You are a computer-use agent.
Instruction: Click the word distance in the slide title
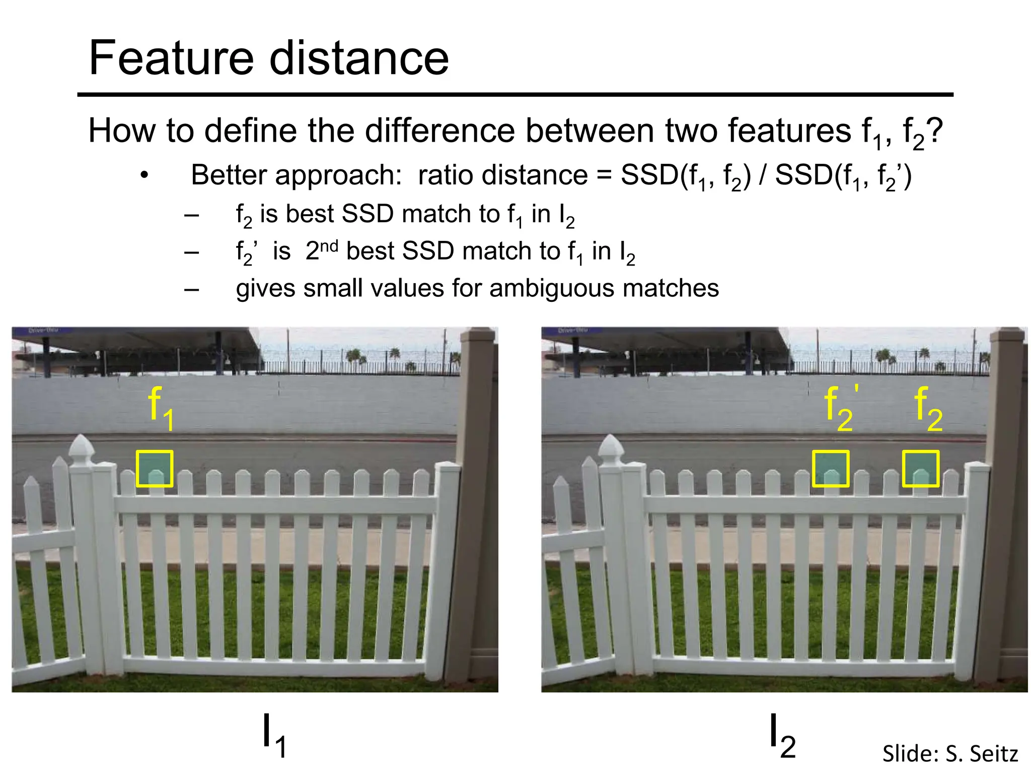pyautogui.click(x=359, y=58)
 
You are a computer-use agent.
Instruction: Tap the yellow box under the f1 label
pyautogui.click(x=155, y=469)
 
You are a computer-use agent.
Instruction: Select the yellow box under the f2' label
pyautogui.click(x=831, y=469)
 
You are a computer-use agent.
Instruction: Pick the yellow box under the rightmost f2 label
pyautogui.click(x=920, y=469)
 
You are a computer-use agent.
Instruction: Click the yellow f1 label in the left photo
pyautogui.click(x=161, y=408)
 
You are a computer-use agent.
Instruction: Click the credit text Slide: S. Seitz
pyautogui.click(x=950, y=754)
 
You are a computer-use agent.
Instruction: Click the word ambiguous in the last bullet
pyautogui.click(x=552, y=289)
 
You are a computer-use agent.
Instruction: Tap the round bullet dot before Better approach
pyautogui.click(x=144, y=176)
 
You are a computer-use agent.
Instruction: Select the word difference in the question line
pyautogui.click(x=440, y=131)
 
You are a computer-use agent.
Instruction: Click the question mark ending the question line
pyautogui.click(x=934, y=131)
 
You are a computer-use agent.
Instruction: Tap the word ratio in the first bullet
pyautogui.click(x=444, y=175)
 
